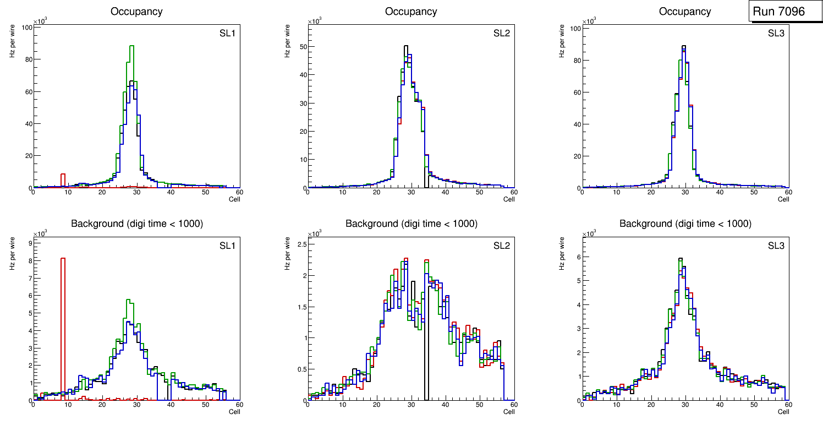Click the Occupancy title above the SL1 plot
[x=136, y=12]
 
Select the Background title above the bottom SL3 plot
[x=685, y=224]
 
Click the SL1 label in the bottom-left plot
[x=227, y=246]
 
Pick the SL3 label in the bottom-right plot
[x=776, y=246]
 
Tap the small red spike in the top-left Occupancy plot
[x=63, y=178]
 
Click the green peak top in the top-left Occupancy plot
[x=131, y=46]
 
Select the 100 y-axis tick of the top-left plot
[x=26, y=28]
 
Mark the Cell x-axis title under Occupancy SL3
[x=783, y=199]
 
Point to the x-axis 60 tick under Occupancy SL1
[x=239, y=192]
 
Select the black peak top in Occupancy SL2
[x=406, y=46]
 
